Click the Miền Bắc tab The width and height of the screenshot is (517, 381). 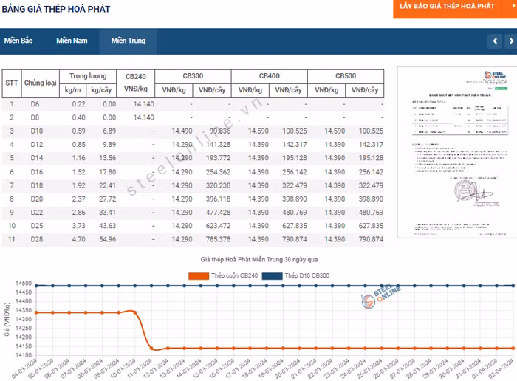[18, 41]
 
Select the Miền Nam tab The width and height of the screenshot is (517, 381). [72, 41]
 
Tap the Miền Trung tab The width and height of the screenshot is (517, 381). [129, 41]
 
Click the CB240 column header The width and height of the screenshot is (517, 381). [140, 76]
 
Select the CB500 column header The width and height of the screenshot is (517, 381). [346, 76]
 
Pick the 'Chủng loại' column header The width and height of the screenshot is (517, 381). [40, 83]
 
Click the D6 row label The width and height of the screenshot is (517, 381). [35, 104]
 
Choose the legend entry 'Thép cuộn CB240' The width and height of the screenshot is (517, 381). [214, 275]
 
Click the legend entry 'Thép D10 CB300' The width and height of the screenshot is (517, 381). [295, 275]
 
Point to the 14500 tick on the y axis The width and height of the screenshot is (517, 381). [22, 284]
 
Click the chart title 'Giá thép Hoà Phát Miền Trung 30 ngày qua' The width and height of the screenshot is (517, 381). [258, 261]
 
